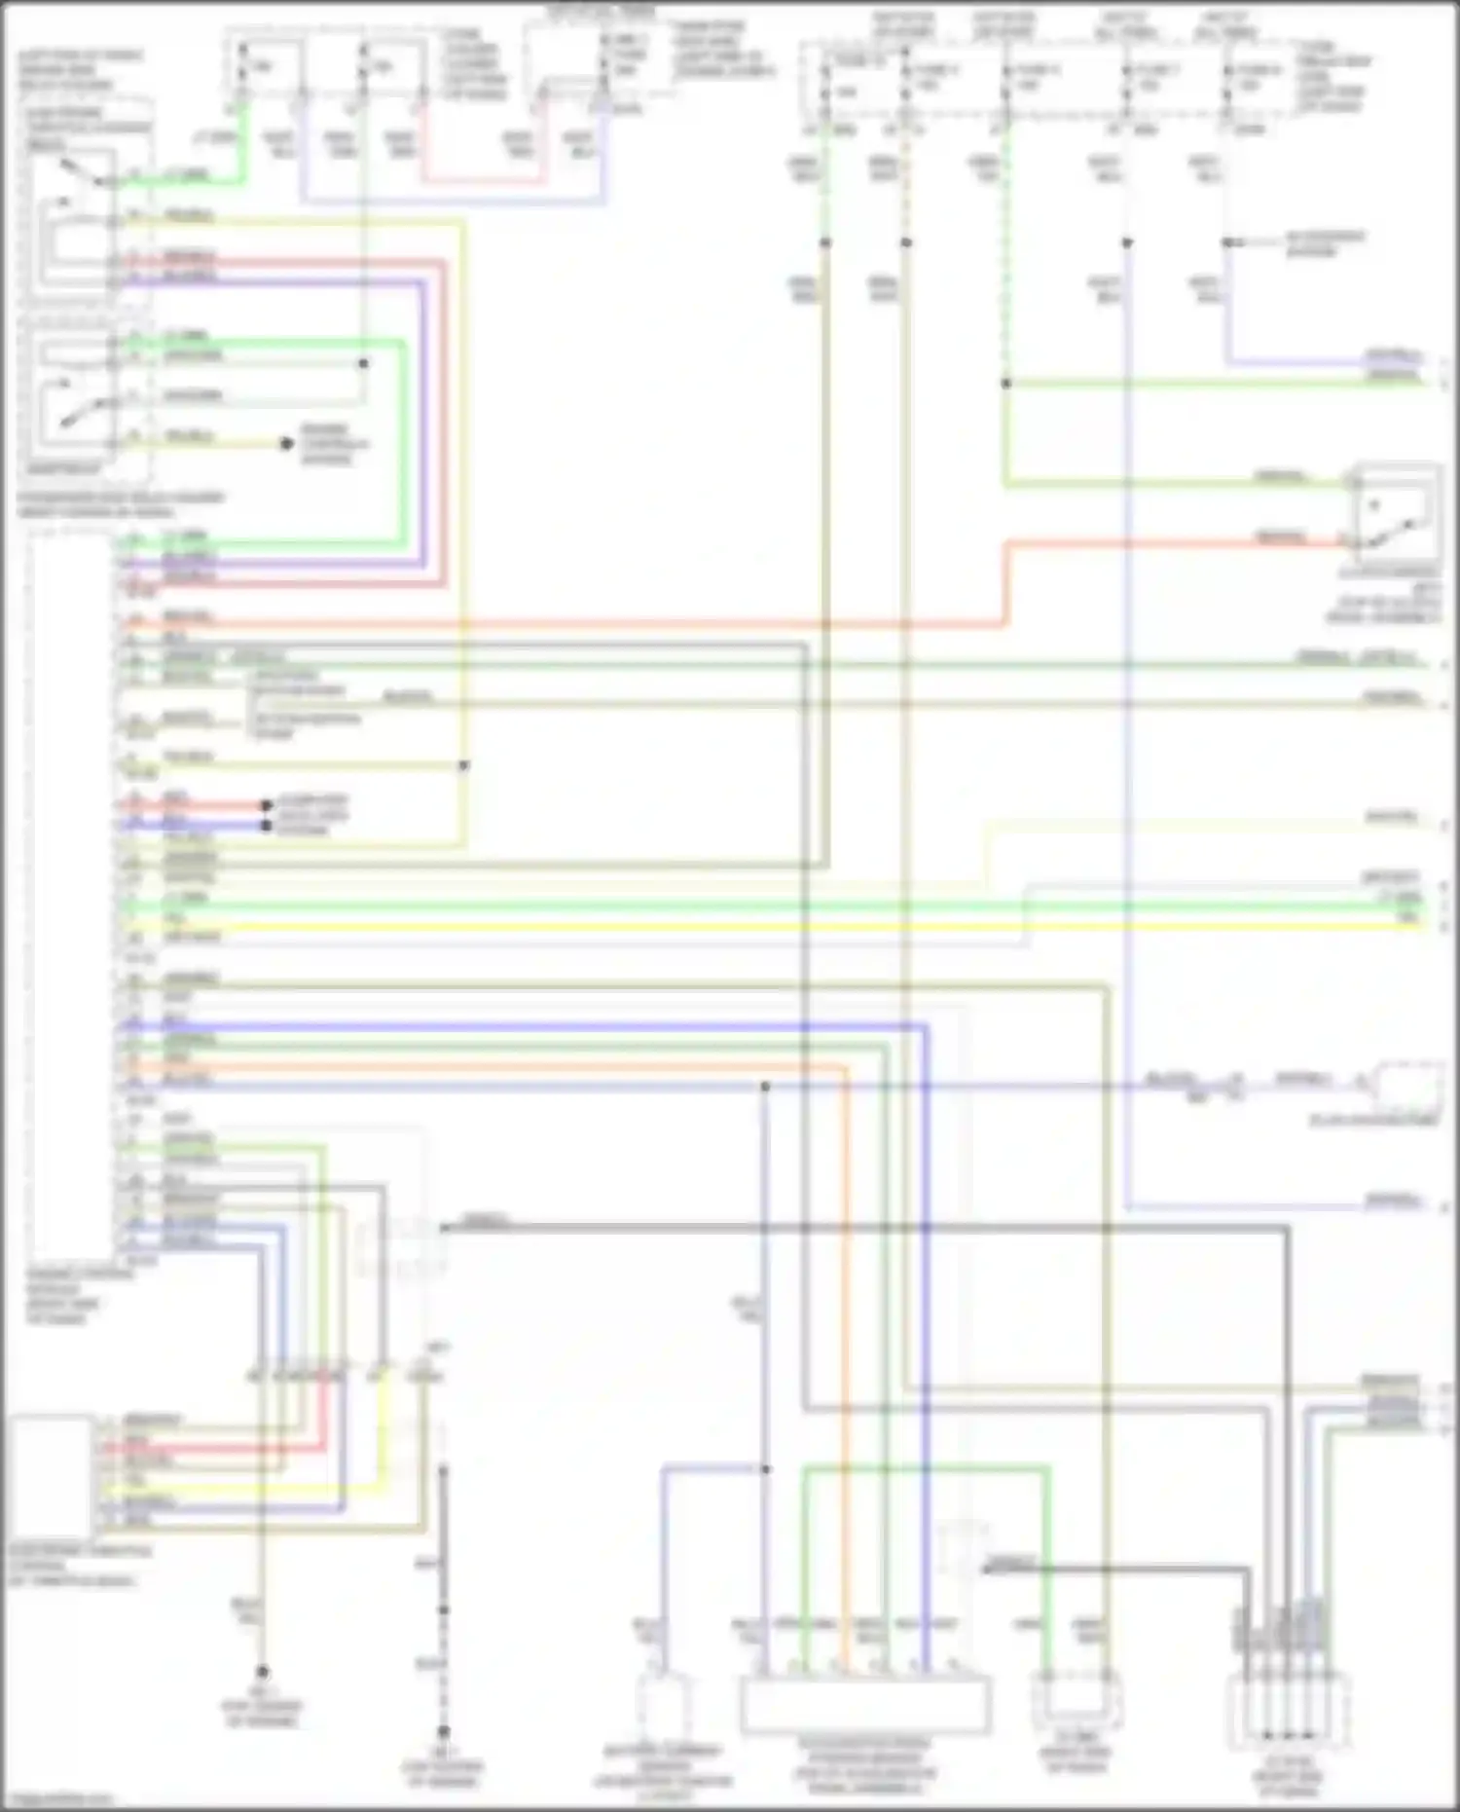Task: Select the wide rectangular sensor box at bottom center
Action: point(865,1704)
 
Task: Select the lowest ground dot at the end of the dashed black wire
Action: point(443,1732)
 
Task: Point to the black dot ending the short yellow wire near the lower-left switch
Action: point(286,444)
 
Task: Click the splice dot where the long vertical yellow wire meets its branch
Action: point(463,766)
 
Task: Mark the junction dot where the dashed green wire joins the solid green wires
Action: point(1006,384)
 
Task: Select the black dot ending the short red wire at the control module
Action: point(266,805)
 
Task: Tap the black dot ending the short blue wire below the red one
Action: point(266,826)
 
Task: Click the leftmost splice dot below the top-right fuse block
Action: point(825,242)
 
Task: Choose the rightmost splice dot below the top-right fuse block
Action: point(1229,242)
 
